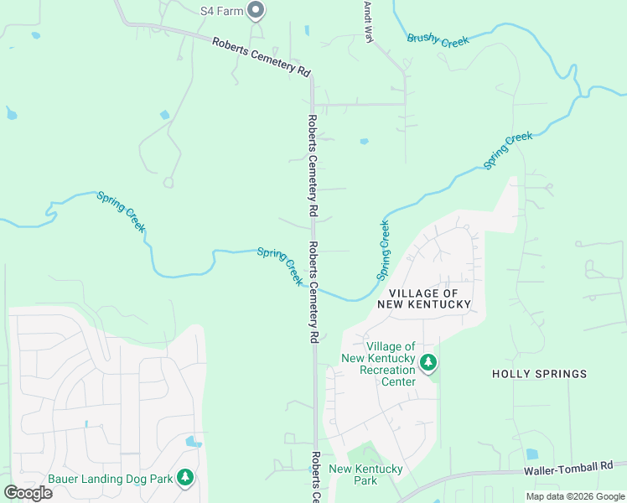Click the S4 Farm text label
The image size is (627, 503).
click(220, 11)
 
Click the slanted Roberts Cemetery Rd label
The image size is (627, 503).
click(261, 57)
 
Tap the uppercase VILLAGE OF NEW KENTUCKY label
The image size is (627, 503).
click(423, 298)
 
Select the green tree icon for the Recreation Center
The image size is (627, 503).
click(429, 363)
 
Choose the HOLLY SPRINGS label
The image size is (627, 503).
click(539, 374)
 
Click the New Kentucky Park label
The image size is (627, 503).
click(365, 474)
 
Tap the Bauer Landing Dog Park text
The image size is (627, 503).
click(110, 479)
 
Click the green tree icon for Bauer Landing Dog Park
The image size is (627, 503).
click(185, 478)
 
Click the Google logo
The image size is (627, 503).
click(28, 492)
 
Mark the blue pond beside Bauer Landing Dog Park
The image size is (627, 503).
click(194, 441)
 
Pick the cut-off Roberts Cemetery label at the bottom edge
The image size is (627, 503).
click(314, 478)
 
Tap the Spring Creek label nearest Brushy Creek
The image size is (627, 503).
click(508, 151)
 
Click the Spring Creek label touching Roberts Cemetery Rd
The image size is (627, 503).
click(280, 266)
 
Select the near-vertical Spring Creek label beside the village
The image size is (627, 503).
click(383, 250)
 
